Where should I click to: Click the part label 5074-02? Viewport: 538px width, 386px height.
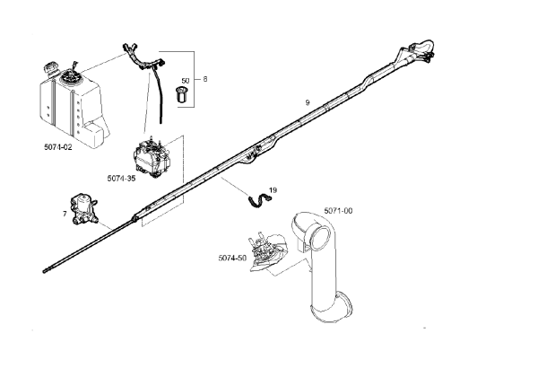[x=58, y=147]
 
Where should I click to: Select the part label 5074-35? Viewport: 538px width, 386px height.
[x=121, y=179]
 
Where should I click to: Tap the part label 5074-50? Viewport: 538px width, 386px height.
[x=232, y=258]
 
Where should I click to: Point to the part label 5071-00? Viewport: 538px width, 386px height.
[x=338, y=211]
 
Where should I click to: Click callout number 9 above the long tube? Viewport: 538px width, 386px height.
[x=308, y=102]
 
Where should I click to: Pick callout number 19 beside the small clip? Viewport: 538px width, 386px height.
[x=273, y=190]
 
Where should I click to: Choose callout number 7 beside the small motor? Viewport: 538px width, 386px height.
[x=65, y=214]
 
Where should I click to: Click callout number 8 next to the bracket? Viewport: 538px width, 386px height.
[x=205, y=79]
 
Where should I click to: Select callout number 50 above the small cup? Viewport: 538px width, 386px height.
[x=186, y=81]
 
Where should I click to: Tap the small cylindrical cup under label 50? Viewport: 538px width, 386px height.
[x=181, y=95]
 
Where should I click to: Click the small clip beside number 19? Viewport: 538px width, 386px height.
[x=260, y=200]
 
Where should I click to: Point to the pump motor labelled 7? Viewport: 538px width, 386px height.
[x=83, y=209]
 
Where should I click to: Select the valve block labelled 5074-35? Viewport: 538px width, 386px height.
[x=152, y=157]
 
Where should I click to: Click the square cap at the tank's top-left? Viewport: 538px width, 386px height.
[x=51, y=66]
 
